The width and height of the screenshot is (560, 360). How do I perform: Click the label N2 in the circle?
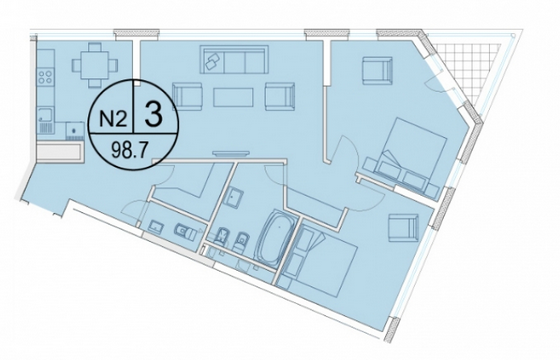pos(113,119)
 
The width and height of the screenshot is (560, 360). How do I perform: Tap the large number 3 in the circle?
pos(154,114)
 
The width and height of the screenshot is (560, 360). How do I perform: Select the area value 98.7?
pos(129,151)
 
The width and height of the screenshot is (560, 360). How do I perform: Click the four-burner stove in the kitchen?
pos(45,77)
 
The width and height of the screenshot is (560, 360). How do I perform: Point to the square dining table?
pos(94,65)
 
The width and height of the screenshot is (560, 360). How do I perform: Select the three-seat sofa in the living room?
pos(234,59)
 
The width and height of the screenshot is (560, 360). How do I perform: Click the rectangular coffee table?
pos(233,97)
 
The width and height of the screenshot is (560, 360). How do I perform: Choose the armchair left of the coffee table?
pos(187,96)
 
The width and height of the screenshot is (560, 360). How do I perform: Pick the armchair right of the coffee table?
pos(280,96)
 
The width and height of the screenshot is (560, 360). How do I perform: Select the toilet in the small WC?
pos(185,232)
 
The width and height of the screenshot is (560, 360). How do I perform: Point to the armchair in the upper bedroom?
pos(378,70)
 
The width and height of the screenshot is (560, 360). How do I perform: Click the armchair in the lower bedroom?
pos(403,229)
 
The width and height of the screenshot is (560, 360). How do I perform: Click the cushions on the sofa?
pos(212,61)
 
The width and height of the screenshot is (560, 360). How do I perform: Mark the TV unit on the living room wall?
pos(231,154)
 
